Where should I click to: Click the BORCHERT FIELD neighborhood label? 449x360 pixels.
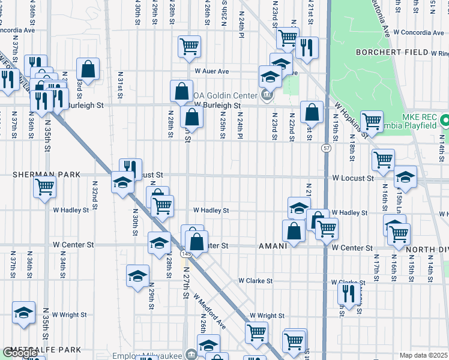391,53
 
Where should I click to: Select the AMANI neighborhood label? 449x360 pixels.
276,247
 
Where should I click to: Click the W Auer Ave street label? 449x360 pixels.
212,71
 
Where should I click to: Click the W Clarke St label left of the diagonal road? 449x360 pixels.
255,281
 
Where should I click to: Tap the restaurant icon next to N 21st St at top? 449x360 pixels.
307,48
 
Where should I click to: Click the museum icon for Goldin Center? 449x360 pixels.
267,94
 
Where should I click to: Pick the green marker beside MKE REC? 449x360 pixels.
444,120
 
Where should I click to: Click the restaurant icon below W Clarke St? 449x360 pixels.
348,293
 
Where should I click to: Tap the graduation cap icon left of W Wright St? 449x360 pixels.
24,312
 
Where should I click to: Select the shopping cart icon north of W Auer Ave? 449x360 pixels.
189,46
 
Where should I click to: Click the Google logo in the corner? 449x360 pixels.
20,353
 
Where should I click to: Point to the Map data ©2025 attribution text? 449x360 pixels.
423,355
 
